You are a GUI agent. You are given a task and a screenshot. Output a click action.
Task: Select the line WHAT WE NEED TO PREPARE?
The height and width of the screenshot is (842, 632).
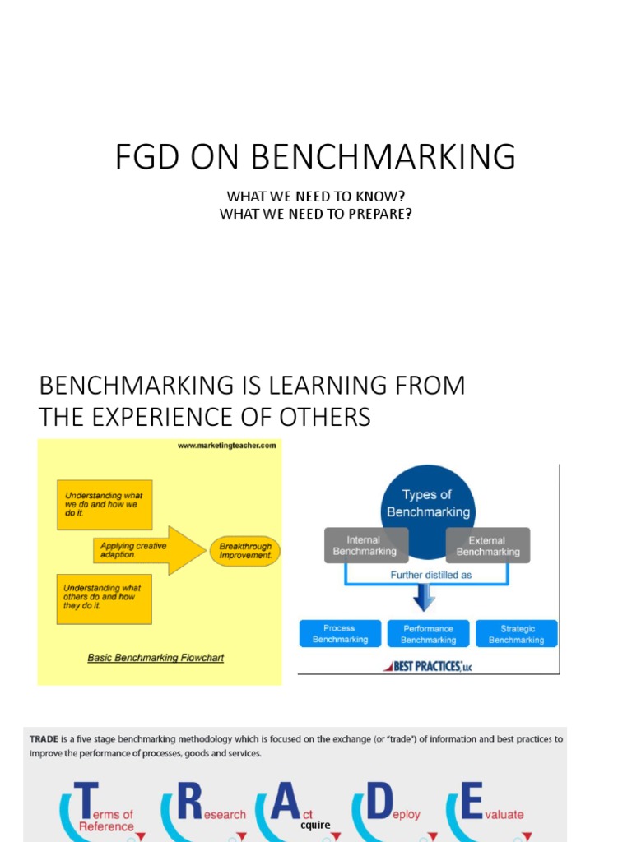tap(315, 215)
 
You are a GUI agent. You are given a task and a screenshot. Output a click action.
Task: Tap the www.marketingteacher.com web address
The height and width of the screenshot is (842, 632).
tap(225, 446)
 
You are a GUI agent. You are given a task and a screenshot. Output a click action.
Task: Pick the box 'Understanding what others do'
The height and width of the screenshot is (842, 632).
tap(105, 597)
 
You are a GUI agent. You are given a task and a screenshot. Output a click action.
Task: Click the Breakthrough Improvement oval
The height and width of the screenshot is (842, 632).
tap(245, 551)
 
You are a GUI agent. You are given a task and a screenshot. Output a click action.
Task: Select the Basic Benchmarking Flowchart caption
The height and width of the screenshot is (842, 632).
tap(156, 658)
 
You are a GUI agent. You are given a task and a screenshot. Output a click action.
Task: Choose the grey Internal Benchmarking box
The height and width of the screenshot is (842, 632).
tap(366, 546)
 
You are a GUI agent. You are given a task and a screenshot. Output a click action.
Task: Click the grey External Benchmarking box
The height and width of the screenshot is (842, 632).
tap(488, 546)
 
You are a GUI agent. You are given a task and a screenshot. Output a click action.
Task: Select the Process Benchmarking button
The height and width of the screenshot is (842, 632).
tap(339, 633)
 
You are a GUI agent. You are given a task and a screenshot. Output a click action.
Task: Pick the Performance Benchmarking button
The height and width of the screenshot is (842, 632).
tap(428, 633)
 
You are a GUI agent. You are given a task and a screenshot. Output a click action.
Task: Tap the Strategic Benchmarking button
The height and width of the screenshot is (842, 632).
tap(516, 633)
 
